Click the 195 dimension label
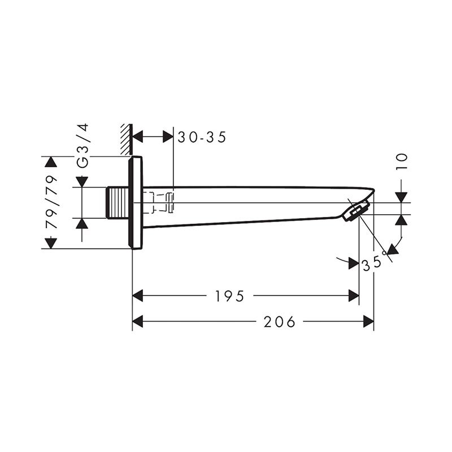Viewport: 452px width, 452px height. [230, 296]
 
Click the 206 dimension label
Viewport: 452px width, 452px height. [280, 321]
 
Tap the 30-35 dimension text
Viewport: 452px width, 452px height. [202, 137]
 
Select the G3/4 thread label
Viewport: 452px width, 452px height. [83, 146]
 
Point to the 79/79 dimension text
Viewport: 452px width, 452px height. [52, 202]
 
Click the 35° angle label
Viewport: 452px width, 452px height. [374, 262]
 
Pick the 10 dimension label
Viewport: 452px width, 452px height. [402, 162]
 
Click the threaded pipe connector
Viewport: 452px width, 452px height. [118, 203]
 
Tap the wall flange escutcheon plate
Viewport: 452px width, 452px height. [136, 202]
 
